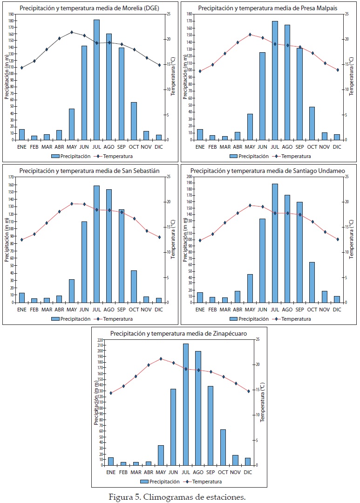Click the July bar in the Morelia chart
click(x=96, y=80)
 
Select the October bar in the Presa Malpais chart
click(x=312, y=124)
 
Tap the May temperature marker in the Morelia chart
click(x=72, y=32)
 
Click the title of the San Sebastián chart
click(x=89, y=171)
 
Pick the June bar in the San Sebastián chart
click(x=84, y=262)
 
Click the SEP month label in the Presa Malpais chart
click(x=299, y=146)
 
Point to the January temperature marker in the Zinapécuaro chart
click(x=111, y=393)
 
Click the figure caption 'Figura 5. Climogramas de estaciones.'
click(x=177, y=497)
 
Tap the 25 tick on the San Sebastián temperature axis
click(x=168, y=177)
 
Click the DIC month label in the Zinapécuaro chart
click(x=247, y=472)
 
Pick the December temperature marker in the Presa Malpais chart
click(x=337, y=70)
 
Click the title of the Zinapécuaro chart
click(x=178, y=334)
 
